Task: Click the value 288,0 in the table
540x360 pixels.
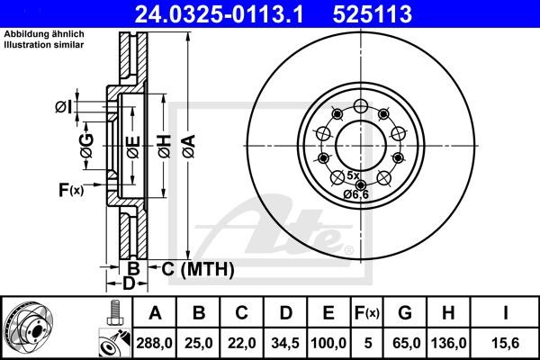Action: click(x=156, y=343)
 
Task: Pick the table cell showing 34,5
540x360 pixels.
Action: click(x=285, y=343)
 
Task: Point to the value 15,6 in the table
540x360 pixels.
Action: click(x=506, y=343)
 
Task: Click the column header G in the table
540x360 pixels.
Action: click(x=404, y=313)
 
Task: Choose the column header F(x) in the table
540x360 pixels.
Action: click(x=365, y=313)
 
